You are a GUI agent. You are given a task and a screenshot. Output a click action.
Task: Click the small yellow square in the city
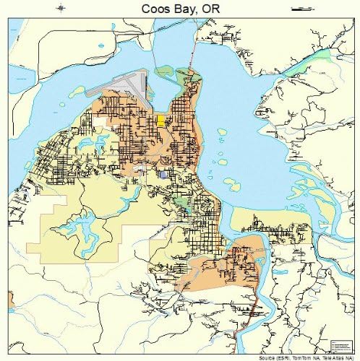point(160,120)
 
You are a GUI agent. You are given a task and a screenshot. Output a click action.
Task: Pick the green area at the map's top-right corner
point(335,54)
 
